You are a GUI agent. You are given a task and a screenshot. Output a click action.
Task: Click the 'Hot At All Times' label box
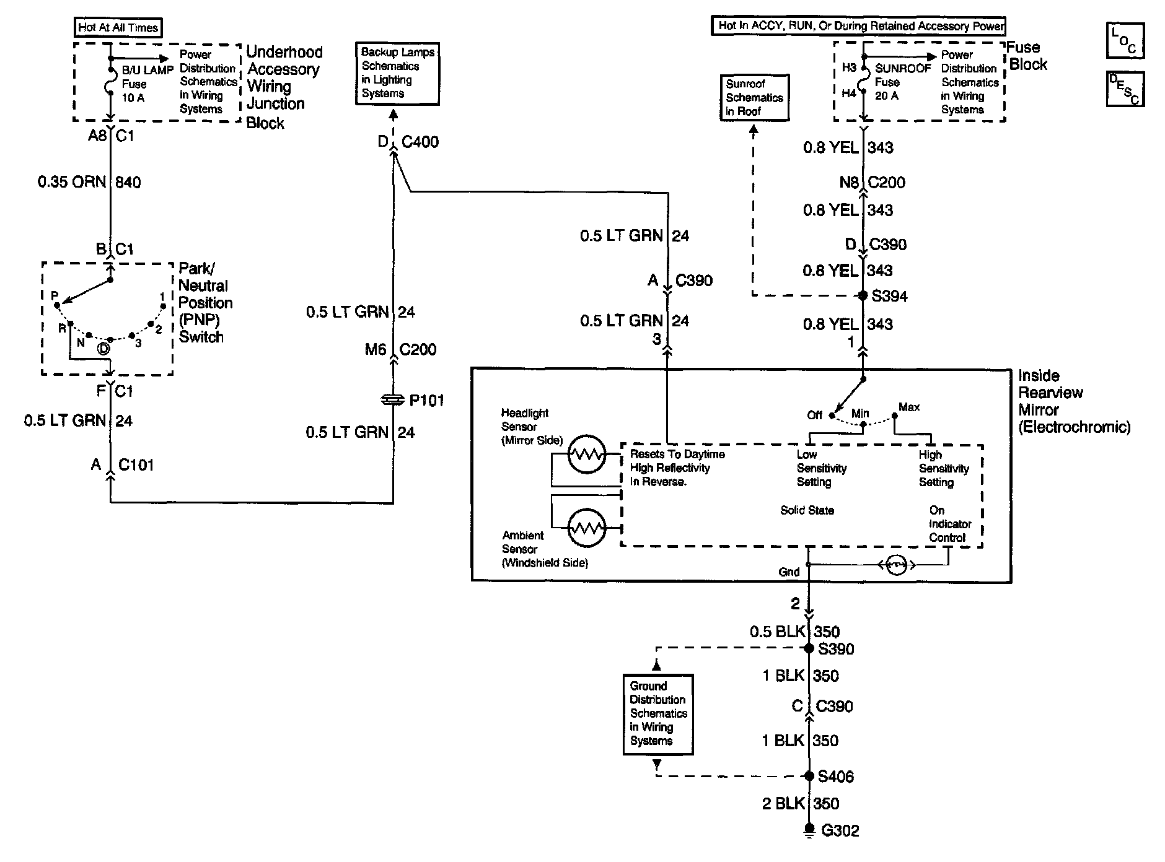118,27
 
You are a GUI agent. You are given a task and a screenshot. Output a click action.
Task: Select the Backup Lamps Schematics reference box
397,74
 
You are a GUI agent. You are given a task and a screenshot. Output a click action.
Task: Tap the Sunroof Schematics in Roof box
754,97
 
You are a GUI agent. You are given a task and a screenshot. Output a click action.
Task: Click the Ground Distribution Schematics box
657,714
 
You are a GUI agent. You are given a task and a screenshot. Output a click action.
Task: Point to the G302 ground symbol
809,830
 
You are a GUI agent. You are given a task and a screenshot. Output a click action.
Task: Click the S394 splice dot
863,296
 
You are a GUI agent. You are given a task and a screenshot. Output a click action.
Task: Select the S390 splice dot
809,648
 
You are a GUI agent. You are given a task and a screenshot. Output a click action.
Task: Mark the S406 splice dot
809,776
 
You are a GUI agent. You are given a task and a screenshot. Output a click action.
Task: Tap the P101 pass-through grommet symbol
393,401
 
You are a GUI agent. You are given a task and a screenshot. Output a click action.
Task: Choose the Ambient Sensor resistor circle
586,528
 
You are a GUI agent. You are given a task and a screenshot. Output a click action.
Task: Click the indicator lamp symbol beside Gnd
896,565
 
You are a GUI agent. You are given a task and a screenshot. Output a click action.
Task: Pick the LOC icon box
1125,40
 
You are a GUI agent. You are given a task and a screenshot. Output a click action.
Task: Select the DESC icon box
1125,89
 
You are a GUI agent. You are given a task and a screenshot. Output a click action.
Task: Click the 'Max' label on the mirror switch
909,407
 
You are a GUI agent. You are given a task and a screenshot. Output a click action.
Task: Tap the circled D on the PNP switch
104,349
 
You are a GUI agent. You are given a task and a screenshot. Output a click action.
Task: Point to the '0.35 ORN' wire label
72,182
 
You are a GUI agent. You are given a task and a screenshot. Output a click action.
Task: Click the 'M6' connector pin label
376,350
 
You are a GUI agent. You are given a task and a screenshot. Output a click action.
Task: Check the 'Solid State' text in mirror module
807,510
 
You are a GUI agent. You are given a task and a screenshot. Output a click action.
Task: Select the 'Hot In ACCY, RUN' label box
858,26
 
